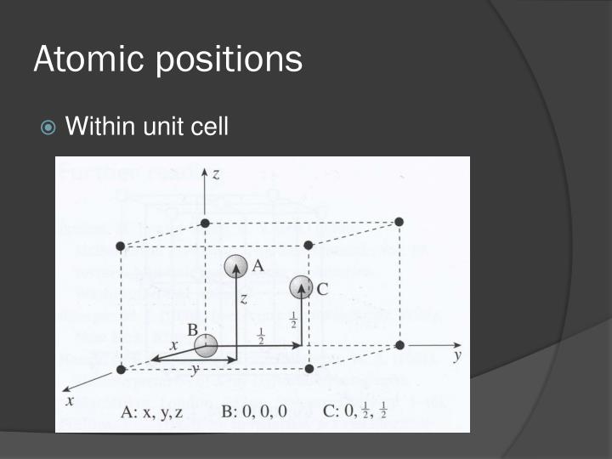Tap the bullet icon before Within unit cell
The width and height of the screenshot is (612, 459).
[x=49, y=127]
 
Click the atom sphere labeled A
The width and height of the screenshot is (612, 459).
[x=235, y=267]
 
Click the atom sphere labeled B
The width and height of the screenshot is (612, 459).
[x=205, y=346]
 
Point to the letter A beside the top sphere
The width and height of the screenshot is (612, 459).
[x=258, y=266]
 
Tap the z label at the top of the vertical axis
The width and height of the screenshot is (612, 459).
[x=216, y=174]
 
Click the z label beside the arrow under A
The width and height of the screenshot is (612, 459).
[x=244, y=299]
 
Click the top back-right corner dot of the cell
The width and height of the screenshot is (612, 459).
[x=399, y=222]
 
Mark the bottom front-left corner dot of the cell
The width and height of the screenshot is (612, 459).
[x=121, y=369]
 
